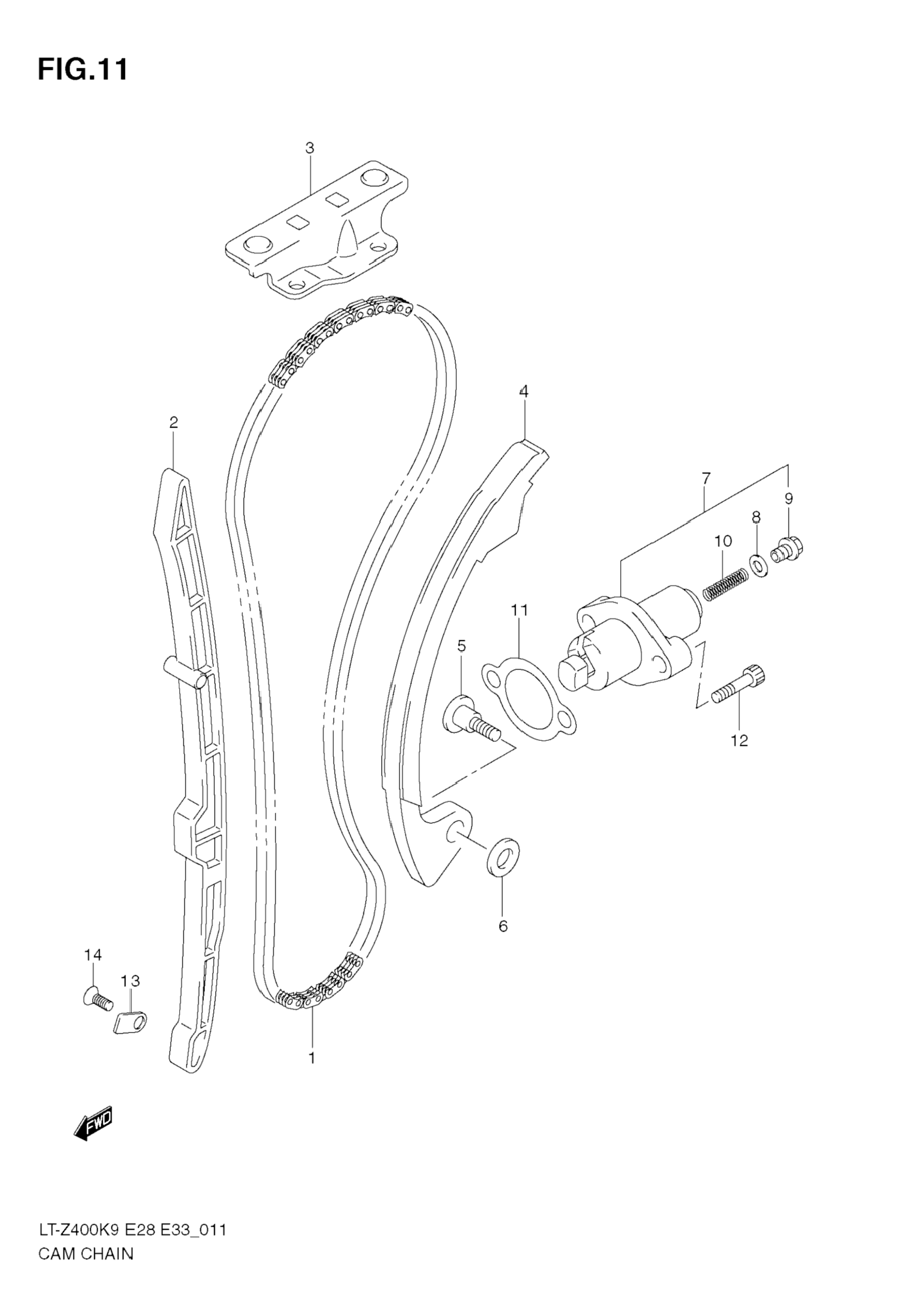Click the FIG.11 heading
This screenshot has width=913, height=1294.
83,69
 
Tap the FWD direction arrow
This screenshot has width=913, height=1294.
94,1121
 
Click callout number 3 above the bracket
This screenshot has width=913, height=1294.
309,148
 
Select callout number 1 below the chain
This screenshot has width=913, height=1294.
312,1058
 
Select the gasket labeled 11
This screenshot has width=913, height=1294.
529,697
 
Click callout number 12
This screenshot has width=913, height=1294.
739,740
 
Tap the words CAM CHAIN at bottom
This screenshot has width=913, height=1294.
86,1269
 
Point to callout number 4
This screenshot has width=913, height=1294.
524,391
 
